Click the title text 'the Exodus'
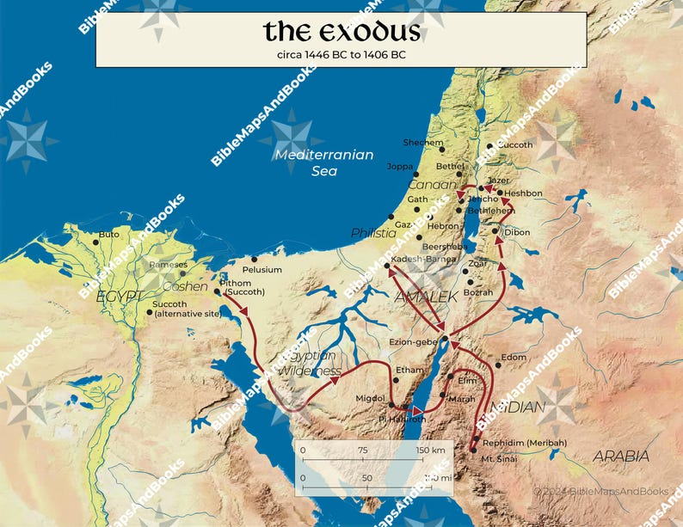point(341,32)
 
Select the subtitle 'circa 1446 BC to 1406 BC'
point(341,53)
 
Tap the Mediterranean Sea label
point(324,162)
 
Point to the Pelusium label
point(262,270)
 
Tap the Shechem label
point(423,142)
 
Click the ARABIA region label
point(620,457)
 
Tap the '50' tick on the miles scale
point(366,476)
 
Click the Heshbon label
point(524,193)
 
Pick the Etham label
point(409,371)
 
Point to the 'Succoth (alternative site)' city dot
point(150,312)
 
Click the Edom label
point(514,357)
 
